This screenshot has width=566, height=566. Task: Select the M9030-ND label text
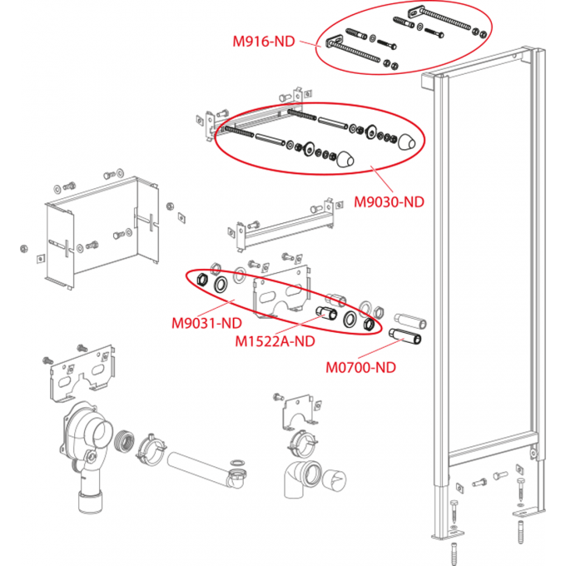tap(390, 201)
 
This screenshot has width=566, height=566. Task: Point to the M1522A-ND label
tap(275, 340)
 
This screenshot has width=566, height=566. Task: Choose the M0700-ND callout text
tap(360, 365)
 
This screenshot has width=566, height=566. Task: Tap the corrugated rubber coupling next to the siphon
tap(126, 440)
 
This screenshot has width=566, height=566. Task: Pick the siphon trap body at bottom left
tap(84, 449)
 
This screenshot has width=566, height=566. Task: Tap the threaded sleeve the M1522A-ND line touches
tap(325, 314)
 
